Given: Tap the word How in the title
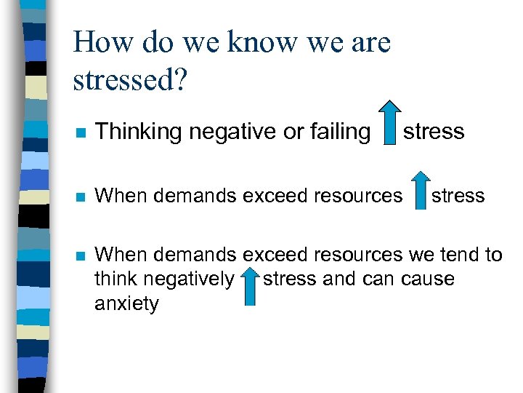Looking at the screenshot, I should (101, 42).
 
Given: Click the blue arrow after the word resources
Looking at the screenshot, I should (419, 191).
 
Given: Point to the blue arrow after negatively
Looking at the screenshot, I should (249, 285).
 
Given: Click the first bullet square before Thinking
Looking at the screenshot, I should (80, 132).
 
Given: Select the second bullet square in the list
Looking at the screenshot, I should (80, 196).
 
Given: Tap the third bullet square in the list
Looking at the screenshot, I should (80, 256).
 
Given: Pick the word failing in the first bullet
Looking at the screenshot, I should (336, 132).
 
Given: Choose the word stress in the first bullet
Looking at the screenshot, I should (434, 132).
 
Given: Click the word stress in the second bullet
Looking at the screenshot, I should (458, 196).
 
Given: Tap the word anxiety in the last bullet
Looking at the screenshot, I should (126, 303).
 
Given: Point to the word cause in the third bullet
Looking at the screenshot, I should (429, 279).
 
